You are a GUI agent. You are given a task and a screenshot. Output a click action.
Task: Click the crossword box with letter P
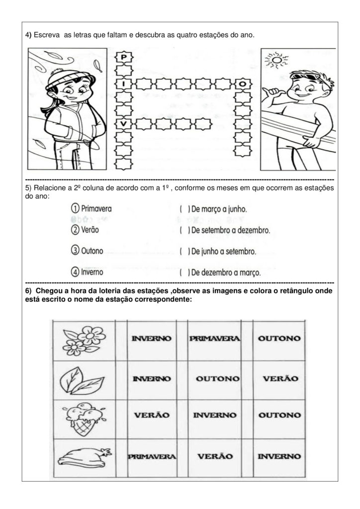coord(123,58)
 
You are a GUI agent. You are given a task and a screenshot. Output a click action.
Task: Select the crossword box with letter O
coord(242,84)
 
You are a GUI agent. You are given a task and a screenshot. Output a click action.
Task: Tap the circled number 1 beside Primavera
coord(75,208)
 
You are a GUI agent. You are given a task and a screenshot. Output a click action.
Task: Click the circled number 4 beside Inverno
coord(75,272)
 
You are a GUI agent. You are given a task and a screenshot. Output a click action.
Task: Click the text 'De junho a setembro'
coord(224,252)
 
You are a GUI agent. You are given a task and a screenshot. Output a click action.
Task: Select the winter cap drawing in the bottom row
coord(82,456)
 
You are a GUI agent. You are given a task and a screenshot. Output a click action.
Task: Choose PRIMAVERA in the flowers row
coord(215,339)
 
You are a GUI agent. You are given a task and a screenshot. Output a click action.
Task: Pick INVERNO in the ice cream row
coord(215,414)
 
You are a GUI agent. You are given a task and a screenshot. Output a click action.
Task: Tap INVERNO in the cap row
coord(279,456)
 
